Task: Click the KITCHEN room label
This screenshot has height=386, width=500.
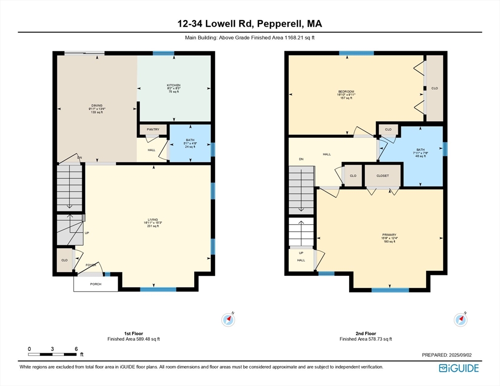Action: [174, 85]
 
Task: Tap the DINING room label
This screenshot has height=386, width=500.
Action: [97, 105]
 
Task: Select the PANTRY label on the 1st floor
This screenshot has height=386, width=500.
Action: [153, 130]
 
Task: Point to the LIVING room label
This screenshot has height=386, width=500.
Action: [153, 220]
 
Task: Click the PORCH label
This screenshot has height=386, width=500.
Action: [96, 284]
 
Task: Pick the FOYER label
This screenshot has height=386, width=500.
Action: [91, 265]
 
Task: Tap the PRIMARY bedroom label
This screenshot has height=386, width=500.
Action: [389, 235]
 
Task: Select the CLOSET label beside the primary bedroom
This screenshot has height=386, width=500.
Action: [383, 176]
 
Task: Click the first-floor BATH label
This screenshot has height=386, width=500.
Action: [190, 140]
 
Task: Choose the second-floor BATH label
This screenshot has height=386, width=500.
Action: [421, 150]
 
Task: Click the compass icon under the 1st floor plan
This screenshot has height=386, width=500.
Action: [228, 319]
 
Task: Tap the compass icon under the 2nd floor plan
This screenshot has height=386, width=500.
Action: [460, 319]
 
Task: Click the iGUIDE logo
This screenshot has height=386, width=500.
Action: [458, 368]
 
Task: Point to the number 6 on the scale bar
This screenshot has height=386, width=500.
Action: [75, 349]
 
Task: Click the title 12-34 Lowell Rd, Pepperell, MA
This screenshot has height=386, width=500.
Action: [249, 23]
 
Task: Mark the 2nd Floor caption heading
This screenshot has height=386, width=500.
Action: [365, 333]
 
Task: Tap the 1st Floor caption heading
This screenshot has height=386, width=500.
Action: [134, 333]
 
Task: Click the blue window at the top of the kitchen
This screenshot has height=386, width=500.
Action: [163, 53]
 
